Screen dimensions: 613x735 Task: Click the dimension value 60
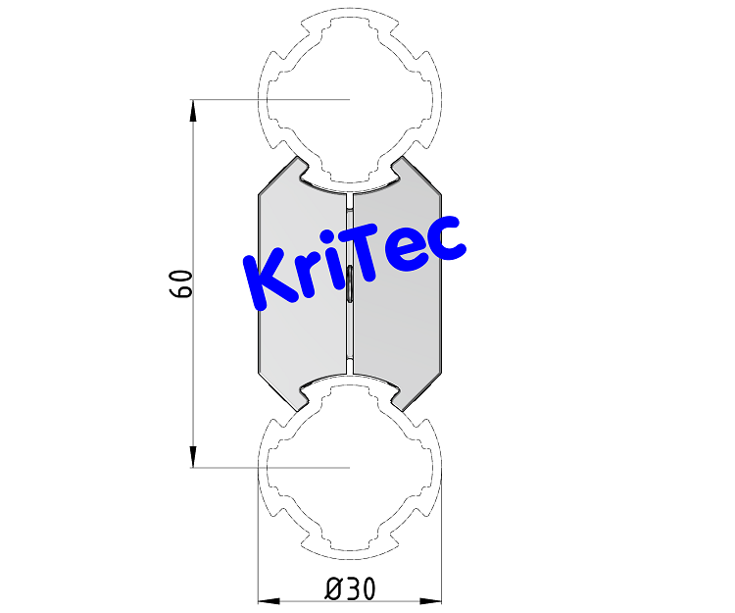179,283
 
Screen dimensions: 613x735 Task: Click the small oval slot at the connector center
350,282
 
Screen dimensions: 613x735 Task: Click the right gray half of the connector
402,324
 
